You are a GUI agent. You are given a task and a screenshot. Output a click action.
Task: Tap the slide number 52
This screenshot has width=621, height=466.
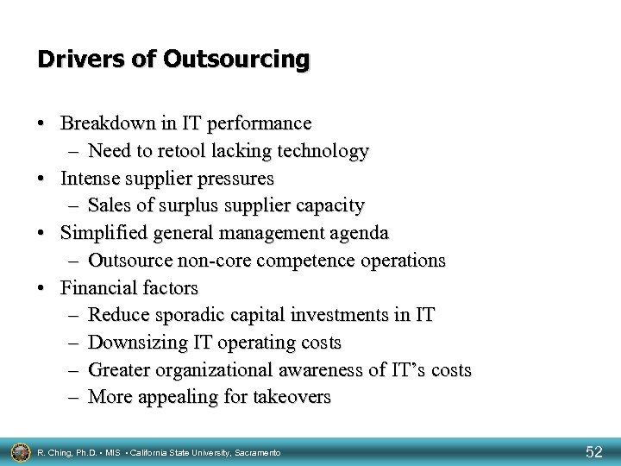coord(594,450)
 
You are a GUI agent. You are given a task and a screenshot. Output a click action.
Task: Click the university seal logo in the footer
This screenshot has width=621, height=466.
coord(20,450)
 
